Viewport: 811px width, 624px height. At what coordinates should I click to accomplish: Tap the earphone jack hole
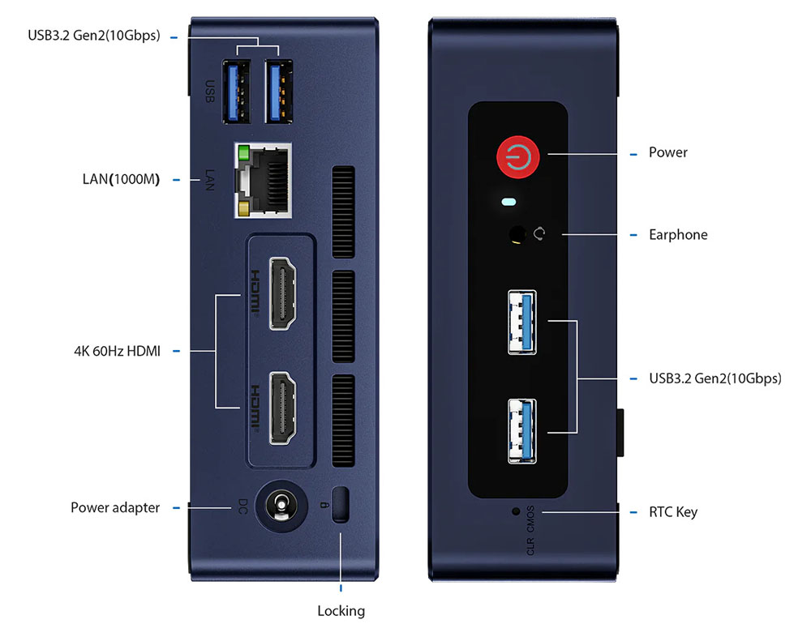516,235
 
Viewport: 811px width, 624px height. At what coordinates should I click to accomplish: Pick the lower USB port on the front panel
523,431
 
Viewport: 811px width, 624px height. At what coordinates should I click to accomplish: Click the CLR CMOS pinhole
516,511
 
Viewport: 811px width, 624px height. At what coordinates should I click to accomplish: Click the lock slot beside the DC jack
341,504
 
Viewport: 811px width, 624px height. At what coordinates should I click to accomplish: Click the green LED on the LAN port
241,152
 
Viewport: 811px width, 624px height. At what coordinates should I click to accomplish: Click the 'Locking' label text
341,610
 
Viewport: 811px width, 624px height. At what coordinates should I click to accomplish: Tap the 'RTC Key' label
672,512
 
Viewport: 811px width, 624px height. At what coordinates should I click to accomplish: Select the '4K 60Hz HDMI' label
116,351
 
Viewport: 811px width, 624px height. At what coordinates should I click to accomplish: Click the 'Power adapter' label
114,507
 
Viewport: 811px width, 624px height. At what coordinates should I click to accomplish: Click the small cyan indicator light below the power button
509,202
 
